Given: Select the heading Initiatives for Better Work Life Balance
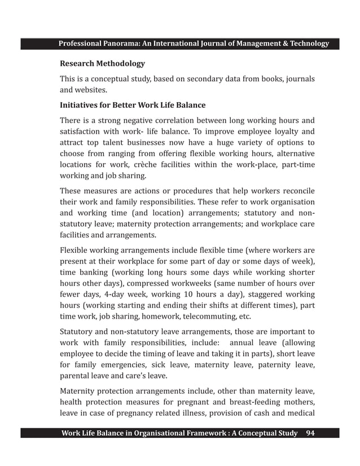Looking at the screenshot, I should click(133, 105).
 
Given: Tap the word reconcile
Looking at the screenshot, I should click(294, 191).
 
